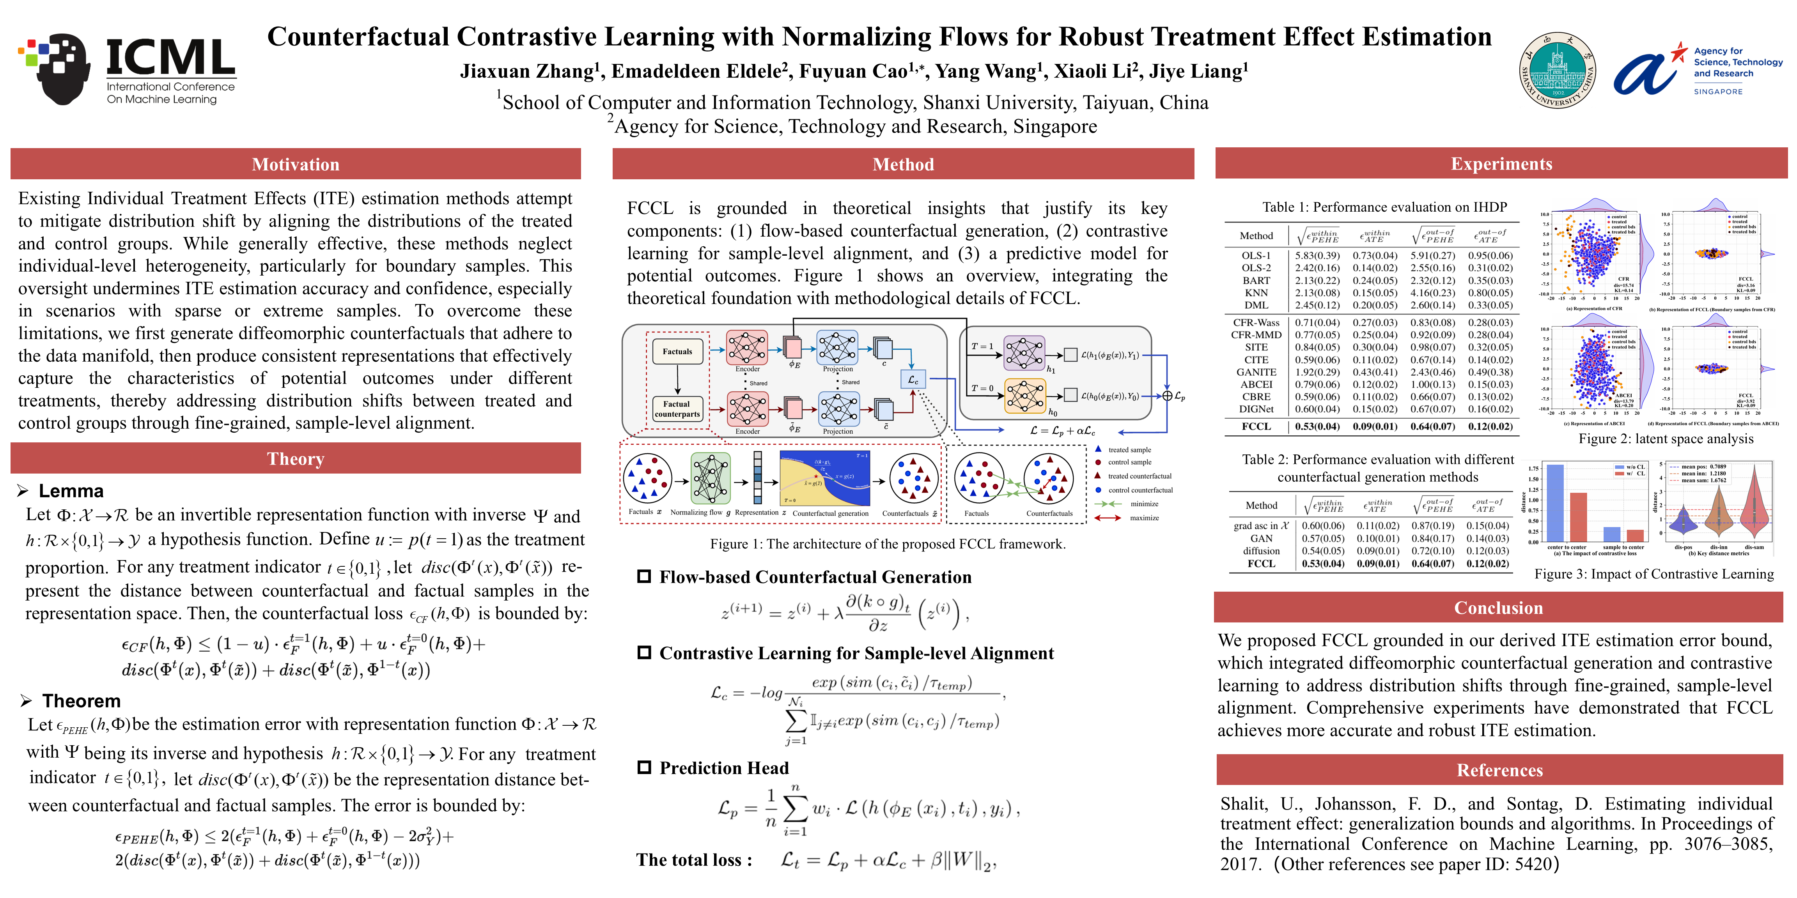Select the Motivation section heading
pos(295,164)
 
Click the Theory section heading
pos(295,459)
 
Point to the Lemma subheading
pos(71,491)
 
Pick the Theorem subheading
pos(81,701)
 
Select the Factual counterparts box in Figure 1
pos(677,408)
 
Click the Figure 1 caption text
pos(887,544)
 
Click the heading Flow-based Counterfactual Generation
pos(815,577)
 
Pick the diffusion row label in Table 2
pos(1261,551)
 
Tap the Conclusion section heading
pos(1498,608)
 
